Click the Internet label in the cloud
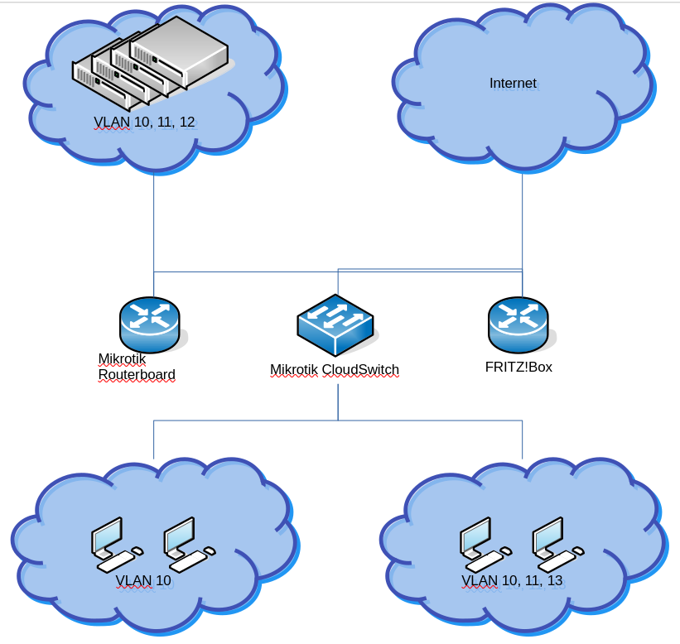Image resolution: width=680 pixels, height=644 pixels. click(513, 84)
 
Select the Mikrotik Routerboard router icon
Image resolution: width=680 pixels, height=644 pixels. click(149, 324)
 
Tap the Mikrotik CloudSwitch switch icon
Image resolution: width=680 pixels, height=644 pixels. click(335, 323)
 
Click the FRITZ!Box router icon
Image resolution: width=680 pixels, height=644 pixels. click(518, 324)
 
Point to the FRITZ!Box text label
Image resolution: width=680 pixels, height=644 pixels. click(518, 367)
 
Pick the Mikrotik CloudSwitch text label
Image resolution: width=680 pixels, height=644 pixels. click(335, 370)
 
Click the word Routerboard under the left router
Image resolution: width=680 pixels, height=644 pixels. click(137, 375)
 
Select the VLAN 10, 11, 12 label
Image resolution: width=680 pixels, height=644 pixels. click(144, 123)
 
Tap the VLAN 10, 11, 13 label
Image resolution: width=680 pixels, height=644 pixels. click(512, 581)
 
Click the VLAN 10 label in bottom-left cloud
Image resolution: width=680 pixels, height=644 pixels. click(143, 581)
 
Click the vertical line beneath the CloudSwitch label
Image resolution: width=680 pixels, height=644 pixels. click(338, 401)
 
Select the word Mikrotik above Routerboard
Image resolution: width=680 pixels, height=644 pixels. click(122, 359)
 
